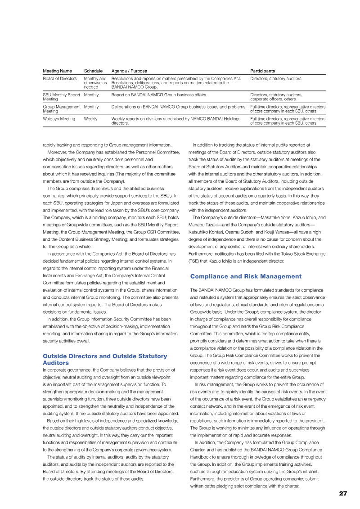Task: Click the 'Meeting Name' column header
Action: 57,71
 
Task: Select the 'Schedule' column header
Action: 93,71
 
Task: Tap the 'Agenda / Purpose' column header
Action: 129,71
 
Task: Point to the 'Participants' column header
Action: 263,71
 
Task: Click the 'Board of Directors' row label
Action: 60,79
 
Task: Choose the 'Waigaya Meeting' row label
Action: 59,119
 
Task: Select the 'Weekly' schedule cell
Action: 90,119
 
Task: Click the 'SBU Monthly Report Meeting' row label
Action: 61,97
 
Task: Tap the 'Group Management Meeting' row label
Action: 61,109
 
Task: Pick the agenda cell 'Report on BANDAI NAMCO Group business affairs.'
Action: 159,95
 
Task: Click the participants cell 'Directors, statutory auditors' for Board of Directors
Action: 276,79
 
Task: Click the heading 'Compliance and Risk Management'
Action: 246,276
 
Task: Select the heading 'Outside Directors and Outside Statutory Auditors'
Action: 104,359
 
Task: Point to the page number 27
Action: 343,493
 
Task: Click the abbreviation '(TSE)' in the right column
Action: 195,261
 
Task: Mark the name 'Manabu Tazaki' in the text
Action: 204,225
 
